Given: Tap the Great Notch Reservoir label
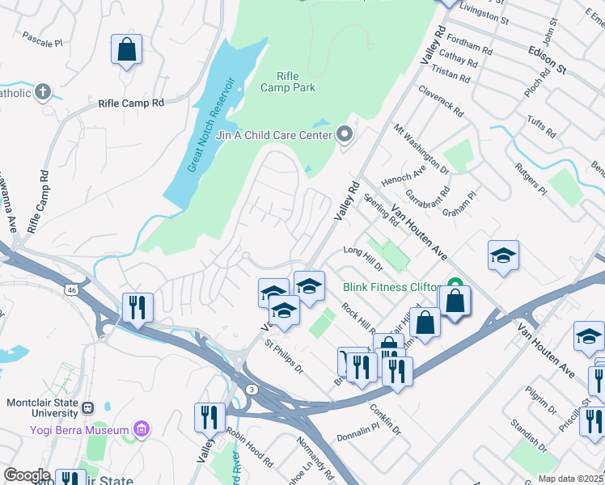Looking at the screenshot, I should (214, 124).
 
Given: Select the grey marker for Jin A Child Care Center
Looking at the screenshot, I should (345, 133).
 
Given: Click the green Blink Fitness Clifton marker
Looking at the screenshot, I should (454, 287).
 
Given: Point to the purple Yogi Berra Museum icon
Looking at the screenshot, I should (142, 428).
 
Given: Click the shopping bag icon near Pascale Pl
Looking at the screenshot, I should (127, 50).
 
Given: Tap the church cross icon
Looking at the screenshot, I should (42, 91).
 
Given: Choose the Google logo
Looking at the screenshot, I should (27, 475).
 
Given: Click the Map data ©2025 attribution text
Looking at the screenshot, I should (569, 479).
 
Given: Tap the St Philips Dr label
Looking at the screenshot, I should (284, 356).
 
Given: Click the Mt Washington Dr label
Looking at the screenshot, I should (421, 150).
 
